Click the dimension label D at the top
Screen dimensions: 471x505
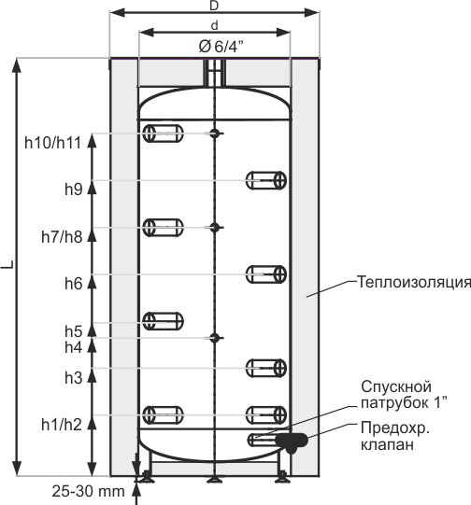(214, 7)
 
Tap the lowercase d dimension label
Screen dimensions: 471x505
(215, 25)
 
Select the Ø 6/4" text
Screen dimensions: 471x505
(221, 47)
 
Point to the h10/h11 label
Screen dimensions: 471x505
(52, 143)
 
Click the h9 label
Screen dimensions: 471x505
(74, 189)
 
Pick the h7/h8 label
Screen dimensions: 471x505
(62, 237)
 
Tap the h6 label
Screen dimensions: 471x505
(74, 284)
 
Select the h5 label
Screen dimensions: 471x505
(74, 331)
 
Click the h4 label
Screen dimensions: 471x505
(74, 347)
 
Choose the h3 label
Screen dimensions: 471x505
(74, 377)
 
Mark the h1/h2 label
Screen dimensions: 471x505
(62, 425)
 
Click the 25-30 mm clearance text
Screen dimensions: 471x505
(89, 492)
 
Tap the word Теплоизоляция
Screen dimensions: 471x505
(414, 282)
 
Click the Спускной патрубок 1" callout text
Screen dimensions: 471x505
(404, 395)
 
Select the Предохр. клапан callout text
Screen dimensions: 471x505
(395, 437)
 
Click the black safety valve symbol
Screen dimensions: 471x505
(292, 442)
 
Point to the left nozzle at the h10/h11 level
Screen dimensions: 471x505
(164, 133)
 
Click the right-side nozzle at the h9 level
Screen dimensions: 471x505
(266, 180)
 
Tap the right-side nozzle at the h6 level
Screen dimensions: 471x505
(266, 274)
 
